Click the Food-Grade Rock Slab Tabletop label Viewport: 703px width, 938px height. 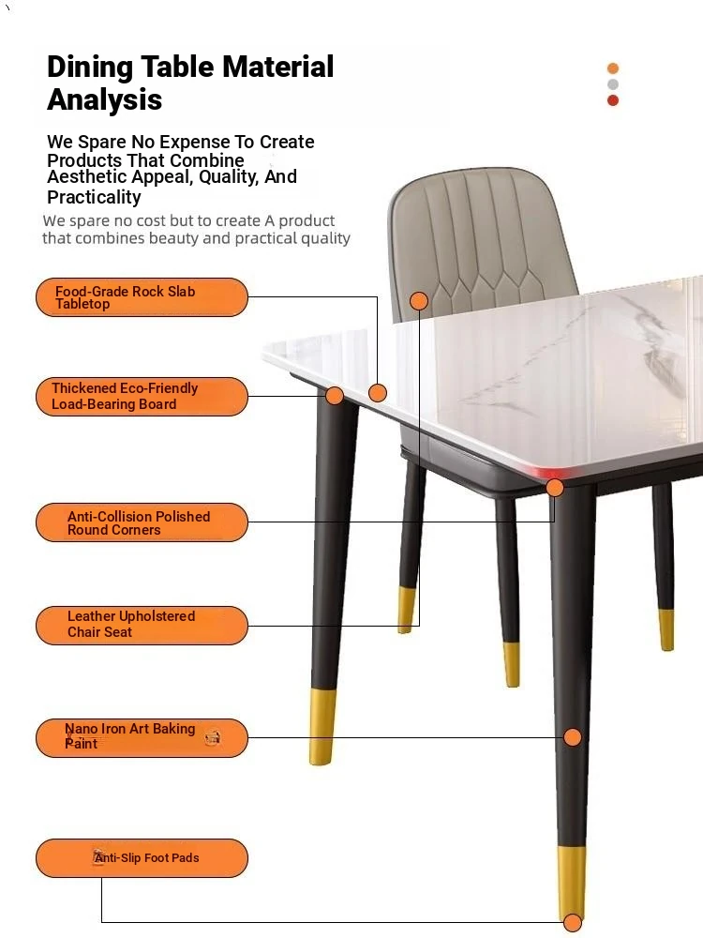[142, 297]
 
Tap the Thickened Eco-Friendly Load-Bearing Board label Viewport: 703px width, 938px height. [142, 397]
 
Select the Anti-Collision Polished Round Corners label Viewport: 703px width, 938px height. [142, 522]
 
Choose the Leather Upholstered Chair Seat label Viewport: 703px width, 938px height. [142, 626]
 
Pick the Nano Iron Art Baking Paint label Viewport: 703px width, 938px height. [142, 738]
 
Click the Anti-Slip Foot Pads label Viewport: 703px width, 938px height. [142, 858]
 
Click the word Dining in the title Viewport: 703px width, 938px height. [90, 67]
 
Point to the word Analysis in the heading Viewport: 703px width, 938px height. [105, 99]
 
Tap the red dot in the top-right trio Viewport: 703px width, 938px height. [613, 100]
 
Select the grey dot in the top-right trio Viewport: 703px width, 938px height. [613, 84]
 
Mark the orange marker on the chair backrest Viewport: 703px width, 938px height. [419, 301]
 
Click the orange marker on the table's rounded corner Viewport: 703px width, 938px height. [555, 488]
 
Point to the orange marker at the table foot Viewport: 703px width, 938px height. [573, 922]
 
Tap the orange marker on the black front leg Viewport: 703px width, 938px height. [573, 737]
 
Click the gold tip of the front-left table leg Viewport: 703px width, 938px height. [322, 727]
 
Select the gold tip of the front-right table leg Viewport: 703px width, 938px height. [572, 883]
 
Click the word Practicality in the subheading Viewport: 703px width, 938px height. [94, 197]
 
